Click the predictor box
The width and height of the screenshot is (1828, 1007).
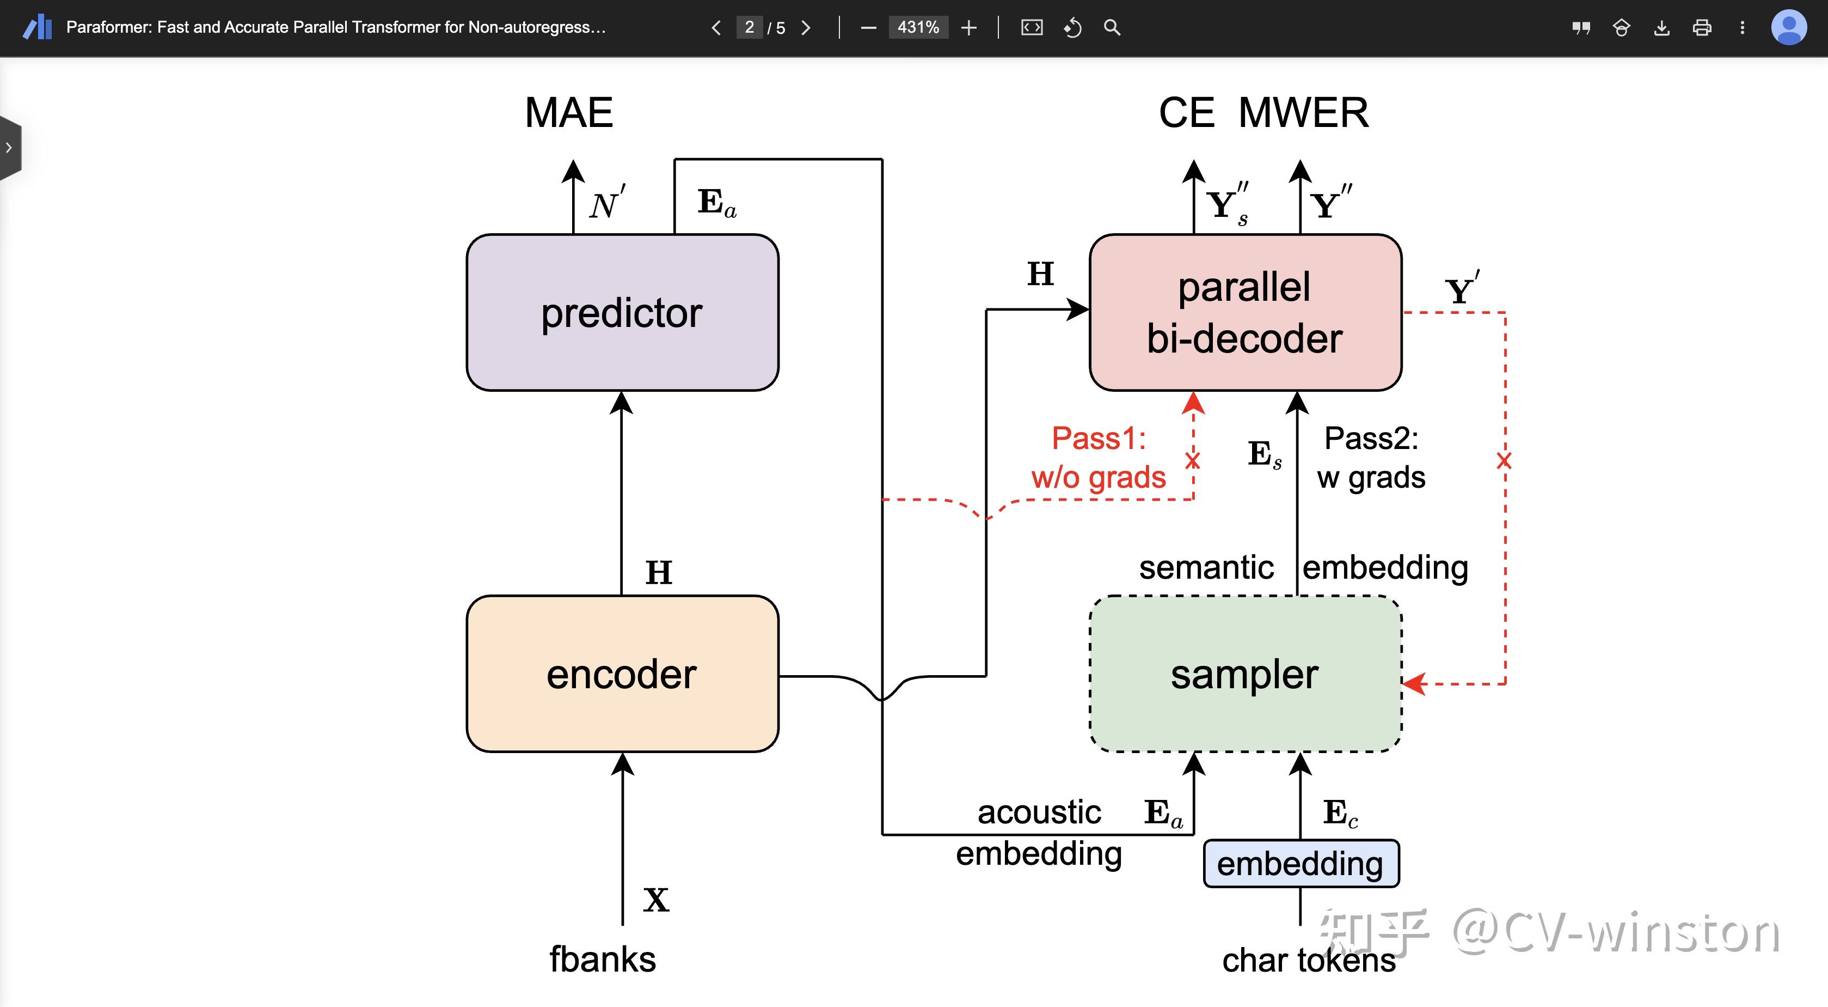(622, 312)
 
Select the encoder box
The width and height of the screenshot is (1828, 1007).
(622, 673)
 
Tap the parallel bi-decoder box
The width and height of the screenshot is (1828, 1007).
(1246, 312)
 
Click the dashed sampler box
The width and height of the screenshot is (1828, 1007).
(1246, 673)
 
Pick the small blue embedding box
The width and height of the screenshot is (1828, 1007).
(1301, 864)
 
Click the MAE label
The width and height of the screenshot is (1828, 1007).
(569, 112)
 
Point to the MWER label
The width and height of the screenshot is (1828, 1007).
(1304, 112)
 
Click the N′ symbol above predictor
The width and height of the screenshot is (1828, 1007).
(607, 203)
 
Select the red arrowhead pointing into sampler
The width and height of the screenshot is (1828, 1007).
(1414, 684)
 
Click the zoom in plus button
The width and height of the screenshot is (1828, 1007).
(968, 28)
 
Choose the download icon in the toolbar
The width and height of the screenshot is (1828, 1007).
(1661, 28)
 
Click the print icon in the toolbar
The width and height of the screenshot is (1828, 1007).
(1702, 28)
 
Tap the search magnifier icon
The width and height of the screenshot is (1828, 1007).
(1112, 28)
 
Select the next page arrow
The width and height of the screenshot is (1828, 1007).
(806, 28)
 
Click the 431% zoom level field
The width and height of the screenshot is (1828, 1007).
(918, 28)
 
